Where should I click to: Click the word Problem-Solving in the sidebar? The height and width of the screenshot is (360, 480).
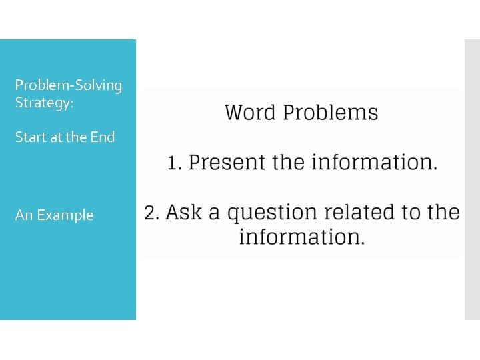point(69,85)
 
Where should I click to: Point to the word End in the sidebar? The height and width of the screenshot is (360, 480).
point(103,137)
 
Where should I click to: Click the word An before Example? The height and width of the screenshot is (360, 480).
point(24,215)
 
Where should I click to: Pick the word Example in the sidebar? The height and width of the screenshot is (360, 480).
point(65,215)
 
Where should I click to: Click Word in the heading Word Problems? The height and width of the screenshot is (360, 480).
point(251,112)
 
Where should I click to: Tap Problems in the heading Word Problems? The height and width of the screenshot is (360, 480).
point(331,113)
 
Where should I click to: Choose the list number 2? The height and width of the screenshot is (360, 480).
point(151,213)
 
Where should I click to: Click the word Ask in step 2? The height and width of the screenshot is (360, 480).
point(183,213)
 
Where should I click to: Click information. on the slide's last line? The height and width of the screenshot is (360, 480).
point(302,237)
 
